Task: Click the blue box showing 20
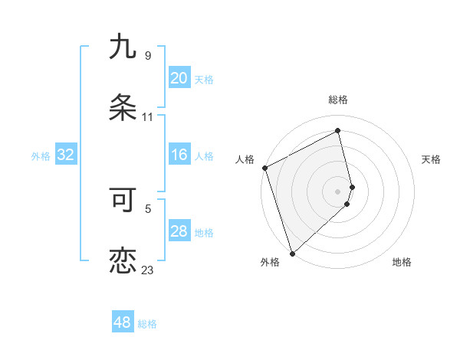(179, 78)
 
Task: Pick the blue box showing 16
(179, 155)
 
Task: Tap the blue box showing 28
(179, 231)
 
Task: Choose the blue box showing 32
(65, 155)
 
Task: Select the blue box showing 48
(122, 322)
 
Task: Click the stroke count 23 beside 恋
(147, 270)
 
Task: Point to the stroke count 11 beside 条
(147, 117)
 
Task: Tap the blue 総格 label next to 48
(147, 324)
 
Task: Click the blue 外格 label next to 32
(41, 156)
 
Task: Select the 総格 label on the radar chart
(338, 100)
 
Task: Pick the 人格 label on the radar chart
(245, 159)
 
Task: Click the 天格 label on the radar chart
(432, 159)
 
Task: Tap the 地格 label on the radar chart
(402, 262)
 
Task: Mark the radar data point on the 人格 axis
(264, 168)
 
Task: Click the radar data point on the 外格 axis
(292, 253)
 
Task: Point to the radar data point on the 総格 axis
(338, 131)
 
